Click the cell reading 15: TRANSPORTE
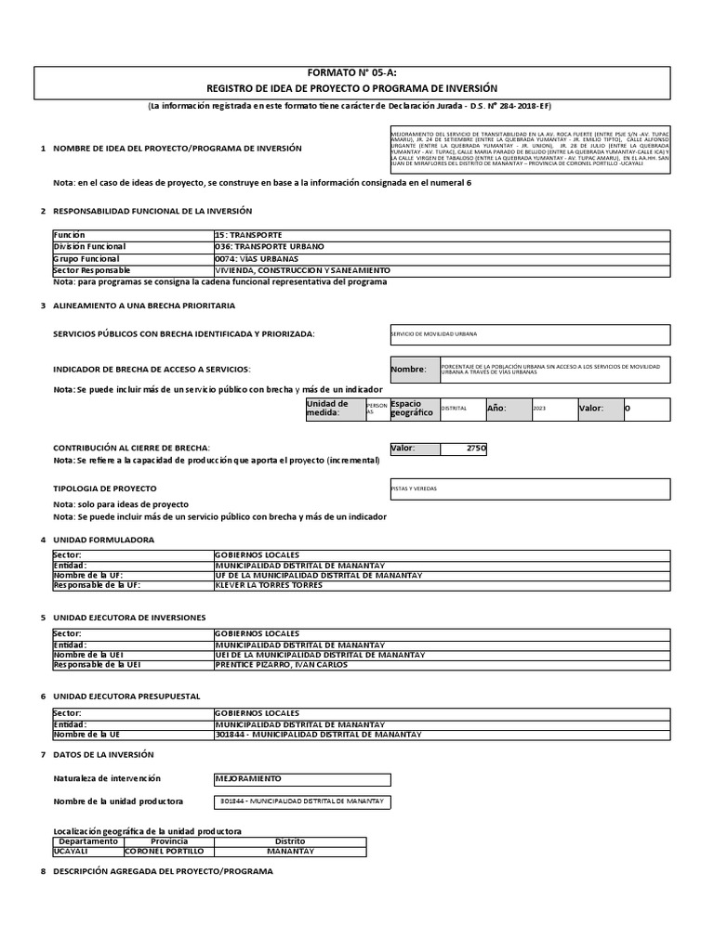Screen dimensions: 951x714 point(248,236)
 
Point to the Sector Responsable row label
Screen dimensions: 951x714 point(93,269)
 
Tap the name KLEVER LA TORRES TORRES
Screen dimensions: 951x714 point(269,586)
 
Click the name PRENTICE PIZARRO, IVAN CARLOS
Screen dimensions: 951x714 point(281,665)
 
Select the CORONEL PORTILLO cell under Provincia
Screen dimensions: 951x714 point(164,851)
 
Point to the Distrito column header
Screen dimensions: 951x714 point(290,840)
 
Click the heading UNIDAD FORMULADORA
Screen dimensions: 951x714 point(104,540)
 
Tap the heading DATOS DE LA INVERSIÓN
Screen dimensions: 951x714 point(103,754)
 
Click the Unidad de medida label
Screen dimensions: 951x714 point(327,409)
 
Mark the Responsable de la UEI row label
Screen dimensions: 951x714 point(98,665)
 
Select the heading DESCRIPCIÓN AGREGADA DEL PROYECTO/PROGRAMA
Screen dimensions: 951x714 point(163,872)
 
